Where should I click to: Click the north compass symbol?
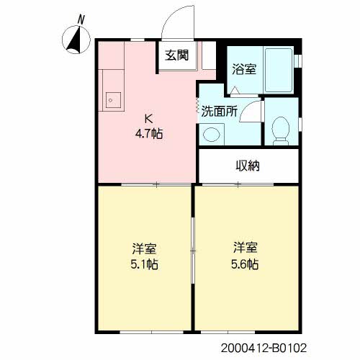click(76, 40)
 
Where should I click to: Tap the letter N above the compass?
click(81, 19)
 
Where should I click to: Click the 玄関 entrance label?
click(177, 55)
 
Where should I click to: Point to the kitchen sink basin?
click(113, 100)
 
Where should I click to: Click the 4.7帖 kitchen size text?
click(149, 134)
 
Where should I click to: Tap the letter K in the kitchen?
click(148, 118)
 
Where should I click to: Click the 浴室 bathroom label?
click(244, 69)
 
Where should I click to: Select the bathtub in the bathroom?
click(279, 70)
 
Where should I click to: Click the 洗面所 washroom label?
click(220, 111)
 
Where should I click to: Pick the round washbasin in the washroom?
click(212, 134)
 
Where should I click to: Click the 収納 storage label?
click(248, 166)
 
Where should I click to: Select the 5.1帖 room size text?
click(144, 264)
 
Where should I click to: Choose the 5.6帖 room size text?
click(245, 264)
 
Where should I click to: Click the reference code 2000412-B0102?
click(264, 348)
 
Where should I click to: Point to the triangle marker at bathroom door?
click(235, 90)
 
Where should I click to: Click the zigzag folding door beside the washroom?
click(197, 105)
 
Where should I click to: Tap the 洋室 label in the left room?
click(144, 248)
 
